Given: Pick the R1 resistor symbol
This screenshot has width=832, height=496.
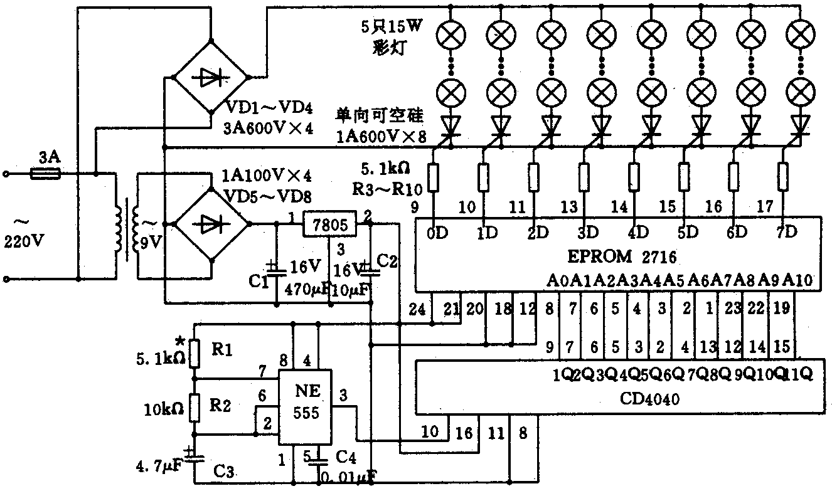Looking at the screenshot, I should click(x=195, y=353).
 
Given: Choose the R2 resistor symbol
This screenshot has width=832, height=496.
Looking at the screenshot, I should click(x=195, y=407).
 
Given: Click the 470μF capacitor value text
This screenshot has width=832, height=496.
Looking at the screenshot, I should click(x=304, y=290).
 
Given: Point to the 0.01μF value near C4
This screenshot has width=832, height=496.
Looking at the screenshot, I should click(x=348, y=478).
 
